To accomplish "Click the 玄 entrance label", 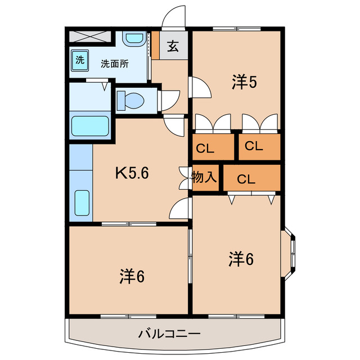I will click(x=173, y=47).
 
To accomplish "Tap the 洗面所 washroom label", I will click(x=115, y=63).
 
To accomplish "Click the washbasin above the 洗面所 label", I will click(x=134, y=39).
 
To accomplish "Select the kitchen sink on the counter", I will click(x=82, y=203).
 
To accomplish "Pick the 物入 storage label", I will click(x=204, y=178).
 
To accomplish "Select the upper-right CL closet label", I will click(x=254, y=146).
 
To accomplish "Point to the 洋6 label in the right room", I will click(x=241, y=259).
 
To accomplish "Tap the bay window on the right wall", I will click(x=291, y=251).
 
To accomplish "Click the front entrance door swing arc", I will click(x=173, y=16).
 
